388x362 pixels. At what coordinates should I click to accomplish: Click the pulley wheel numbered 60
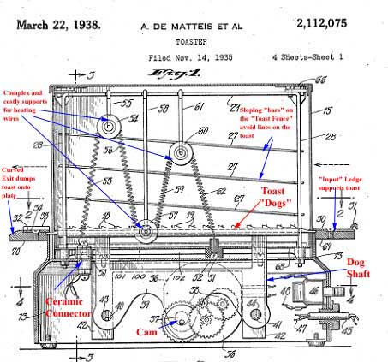tap(181, 155)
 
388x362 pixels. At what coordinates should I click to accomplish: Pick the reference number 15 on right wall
tap(329, 110)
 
